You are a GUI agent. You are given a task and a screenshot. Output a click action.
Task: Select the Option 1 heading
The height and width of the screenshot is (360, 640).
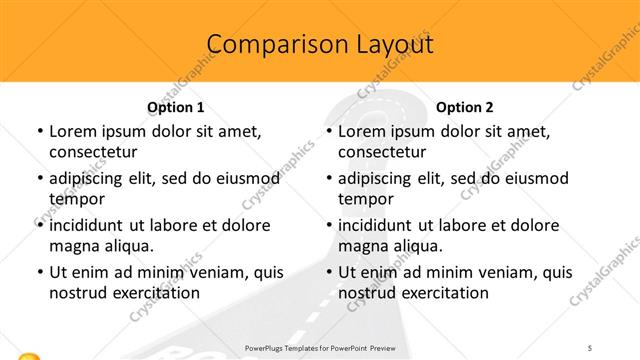click(x=176, y=107)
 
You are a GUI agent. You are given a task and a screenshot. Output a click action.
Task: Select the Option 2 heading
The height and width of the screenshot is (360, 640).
click(x=465, y=107)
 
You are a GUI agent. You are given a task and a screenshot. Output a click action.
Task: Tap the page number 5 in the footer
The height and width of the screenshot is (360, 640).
click(x=590, y=346)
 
